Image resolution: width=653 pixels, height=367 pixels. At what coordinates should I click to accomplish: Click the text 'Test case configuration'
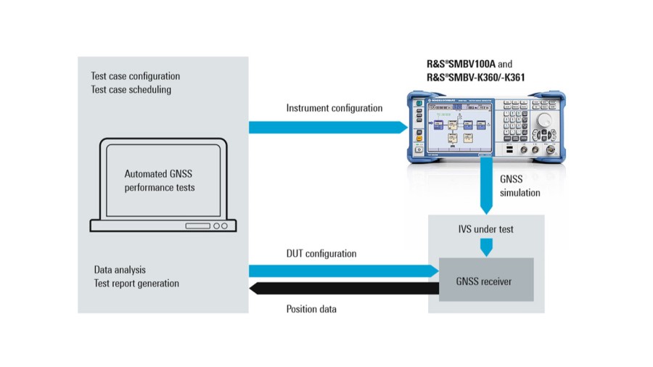[x=135, y=76]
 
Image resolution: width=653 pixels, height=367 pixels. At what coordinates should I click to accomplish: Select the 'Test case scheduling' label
[x=131, y=90]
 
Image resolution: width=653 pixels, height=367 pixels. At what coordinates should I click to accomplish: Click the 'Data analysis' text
[x=120, y=270]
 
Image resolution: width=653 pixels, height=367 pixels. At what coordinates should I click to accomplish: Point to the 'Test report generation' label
[x=136, y=284]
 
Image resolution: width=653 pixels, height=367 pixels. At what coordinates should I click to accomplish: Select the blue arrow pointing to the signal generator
[x=326, y=128]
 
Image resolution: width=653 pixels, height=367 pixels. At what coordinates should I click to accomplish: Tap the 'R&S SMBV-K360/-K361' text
[x=475, y=78]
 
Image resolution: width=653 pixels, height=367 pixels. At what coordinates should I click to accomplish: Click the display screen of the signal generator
[x=455, y=127]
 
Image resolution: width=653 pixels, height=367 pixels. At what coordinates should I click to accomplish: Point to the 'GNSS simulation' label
[x=520, y=186]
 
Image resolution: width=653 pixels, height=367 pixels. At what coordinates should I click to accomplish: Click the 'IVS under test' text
[x=485, y=229]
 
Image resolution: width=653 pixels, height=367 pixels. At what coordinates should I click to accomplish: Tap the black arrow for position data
[x=341, y=289]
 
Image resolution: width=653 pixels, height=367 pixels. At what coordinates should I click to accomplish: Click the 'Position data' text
[x=311, y=309]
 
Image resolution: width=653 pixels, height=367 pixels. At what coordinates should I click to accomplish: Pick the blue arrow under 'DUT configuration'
[x=341, y=271]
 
